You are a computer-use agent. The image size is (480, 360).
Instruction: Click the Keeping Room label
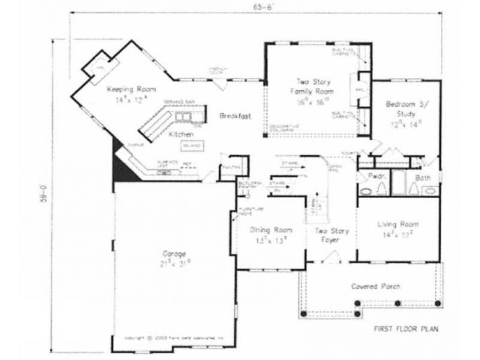(130, 89)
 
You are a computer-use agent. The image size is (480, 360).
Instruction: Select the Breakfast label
(235, 116)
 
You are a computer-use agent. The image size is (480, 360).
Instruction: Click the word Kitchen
(181, 134)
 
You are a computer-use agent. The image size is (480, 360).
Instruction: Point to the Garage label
(174, 254)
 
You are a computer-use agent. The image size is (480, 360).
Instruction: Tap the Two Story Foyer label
(330, 234)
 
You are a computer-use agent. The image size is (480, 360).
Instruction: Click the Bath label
(422, 177)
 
